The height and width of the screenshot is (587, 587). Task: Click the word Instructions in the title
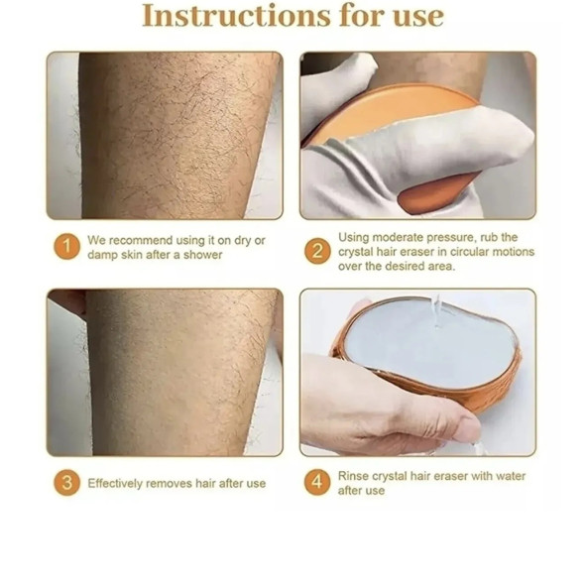click(236, 16)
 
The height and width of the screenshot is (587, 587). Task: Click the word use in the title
click(418, 18)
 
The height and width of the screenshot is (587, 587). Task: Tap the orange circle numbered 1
click(66, 247)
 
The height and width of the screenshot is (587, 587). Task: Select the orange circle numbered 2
click(317, 251)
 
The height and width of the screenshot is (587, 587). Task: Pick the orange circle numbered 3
click(66, 483)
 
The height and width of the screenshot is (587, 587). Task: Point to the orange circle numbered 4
click(317, 482)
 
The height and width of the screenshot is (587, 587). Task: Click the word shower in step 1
click(203, 255)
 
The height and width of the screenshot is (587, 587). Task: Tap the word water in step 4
click(509, 476)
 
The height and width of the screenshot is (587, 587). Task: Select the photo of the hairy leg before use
click(165, 136)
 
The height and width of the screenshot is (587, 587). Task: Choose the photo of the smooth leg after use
click(165, 372)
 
